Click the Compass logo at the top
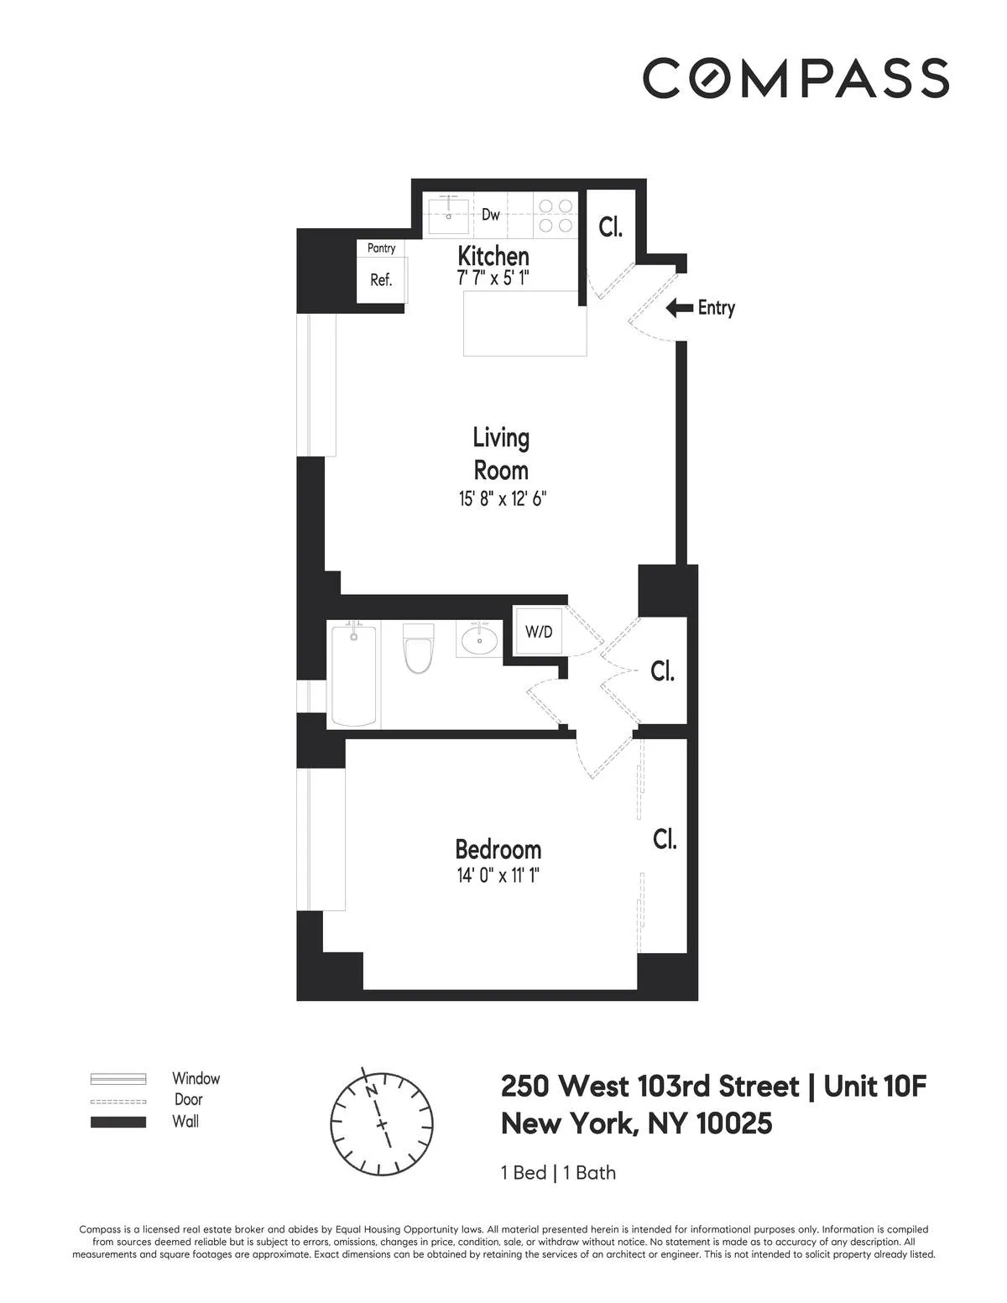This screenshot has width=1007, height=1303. [796, 78]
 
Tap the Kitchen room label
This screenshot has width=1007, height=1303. [493, 256]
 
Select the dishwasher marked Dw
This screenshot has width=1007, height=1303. [491, 215]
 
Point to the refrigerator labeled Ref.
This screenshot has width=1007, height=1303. [381, 280]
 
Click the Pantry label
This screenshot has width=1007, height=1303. [381, 248]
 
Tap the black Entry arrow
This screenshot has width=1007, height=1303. [680, 309]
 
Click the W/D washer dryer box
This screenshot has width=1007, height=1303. [539, 632]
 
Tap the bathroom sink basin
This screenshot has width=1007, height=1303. [479, 642]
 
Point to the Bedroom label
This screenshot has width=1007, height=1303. [498, 848]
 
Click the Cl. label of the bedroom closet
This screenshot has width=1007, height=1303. [665, 839]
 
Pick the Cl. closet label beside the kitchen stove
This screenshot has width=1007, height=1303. [610, 227]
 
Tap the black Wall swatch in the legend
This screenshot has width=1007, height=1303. [118, 1122]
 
